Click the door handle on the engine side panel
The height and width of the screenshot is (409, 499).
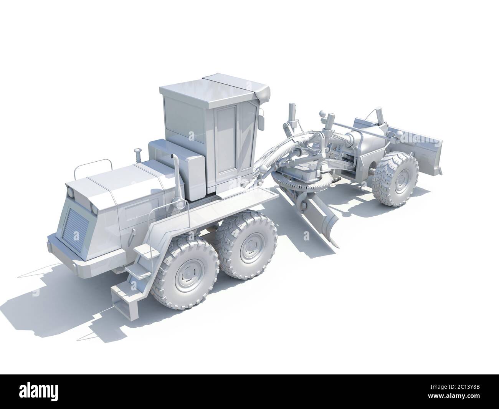coord(133,233)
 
